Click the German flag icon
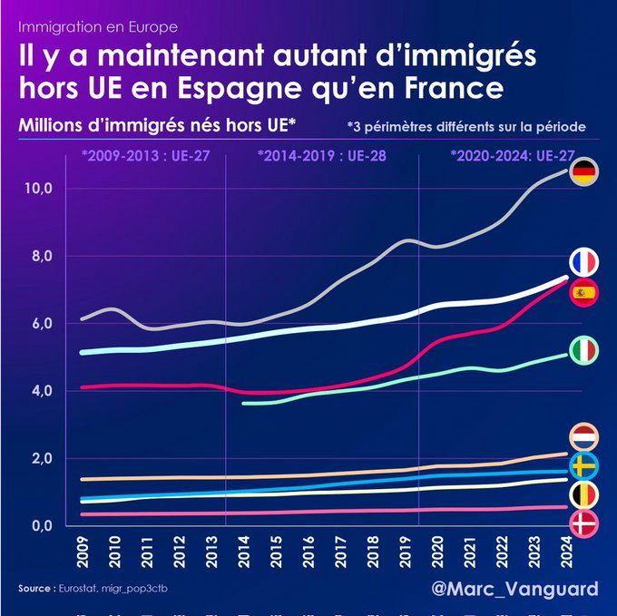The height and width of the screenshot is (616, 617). [583, 171]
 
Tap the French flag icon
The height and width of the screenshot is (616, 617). [583, 263]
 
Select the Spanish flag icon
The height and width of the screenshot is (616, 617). [583, 292]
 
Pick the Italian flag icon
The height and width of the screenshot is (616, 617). [583, 348]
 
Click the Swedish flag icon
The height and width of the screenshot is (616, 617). [583, 466]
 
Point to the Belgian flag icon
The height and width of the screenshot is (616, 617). [583, 494]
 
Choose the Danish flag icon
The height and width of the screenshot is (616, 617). [583, 523]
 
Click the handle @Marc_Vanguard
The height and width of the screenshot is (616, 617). [515, 590]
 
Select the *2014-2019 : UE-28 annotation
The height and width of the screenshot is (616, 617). [322, 155]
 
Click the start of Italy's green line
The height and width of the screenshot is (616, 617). [245, 402]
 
